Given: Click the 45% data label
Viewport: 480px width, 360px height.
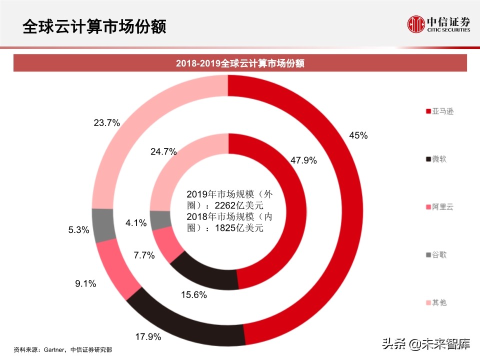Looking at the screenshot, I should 358,135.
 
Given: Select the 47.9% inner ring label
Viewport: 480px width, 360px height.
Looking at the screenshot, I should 303,160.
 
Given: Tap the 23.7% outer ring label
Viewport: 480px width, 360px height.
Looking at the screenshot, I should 106,122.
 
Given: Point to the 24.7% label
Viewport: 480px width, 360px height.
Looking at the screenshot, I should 163,152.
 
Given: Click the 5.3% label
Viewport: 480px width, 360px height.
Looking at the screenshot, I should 78,230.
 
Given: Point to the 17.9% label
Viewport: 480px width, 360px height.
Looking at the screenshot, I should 148,337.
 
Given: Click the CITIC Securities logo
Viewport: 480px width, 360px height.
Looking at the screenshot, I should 438,24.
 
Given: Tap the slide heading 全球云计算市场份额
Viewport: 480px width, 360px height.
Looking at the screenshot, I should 94,26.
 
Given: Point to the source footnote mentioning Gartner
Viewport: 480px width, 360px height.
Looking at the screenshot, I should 63,349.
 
